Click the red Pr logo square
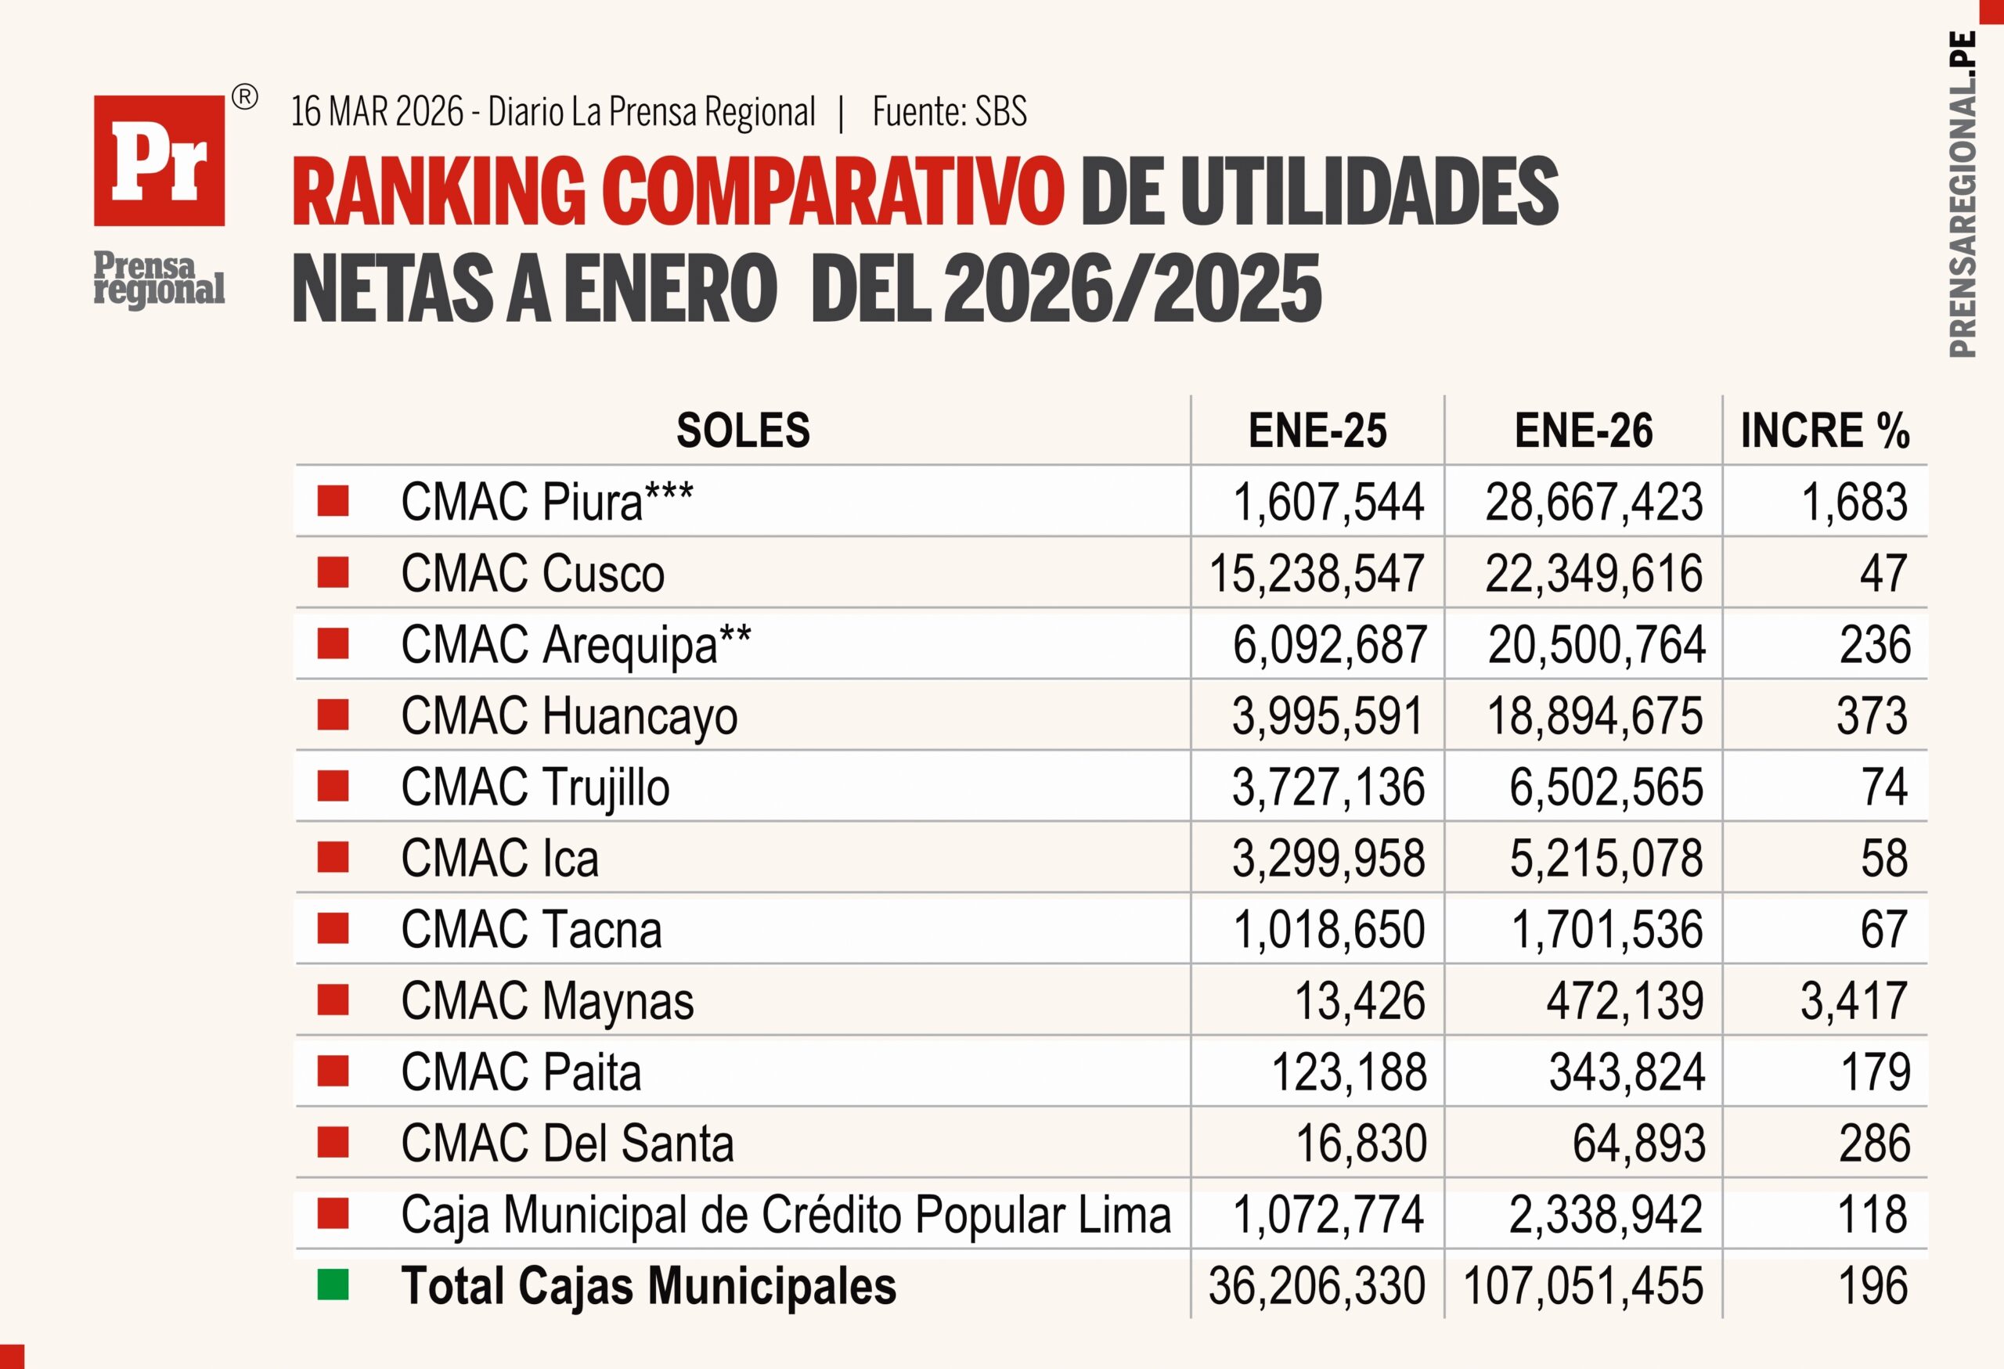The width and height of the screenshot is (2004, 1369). pos(160,160)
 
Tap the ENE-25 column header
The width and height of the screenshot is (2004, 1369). pos(1317,431)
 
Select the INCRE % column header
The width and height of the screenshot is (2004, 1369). pos(1825,431)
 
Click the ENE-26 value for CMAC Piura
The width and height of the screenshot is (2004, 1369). pos(1594,503)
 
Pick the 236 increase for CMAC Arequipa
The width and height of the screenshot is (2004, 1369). pos(1875,645)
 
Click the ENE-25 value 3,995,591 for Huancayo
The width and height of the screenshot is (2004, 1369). pos(1327,716)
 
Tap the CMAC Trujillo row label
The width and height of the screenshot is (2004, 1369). pos(535,788)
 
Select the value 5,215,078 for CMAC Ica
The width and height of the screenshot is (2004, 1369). pos(1606,859)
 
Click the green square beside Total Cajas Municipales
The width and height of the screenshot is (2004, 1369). pos(333,1285)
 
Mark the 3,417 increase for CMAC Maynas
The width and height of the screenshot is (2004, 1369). pos(1853,1001)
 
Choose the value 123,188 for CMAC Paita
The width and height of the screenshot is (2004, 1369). pos(1349,1072)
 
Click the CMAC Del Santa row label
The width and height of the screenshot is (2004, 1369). pos(567,1144)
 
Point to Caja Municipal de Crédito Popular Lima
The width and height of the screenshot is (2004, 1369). pos(786,1216)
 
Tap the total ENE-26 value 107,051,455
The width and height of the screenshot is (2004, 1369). pos(1583,1286)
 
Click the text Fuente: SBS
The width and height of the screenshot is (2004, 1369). pos(950,112)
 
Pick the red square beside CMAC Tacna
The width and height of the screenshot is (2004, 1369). pos(333,929)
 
